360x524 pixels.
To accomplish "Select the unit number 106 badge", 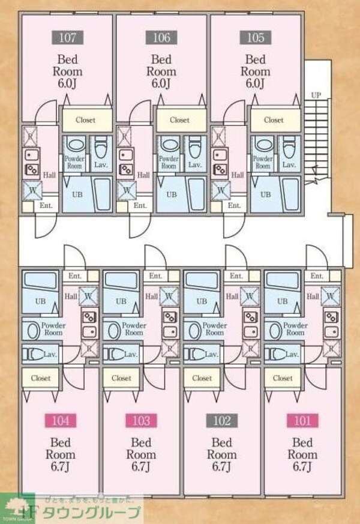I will [x=161, y=38].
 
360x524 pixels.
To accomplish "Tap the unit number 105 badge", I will [x=255, y=38].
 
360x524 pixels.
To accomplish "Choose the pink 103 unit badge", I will [x=141, y=421].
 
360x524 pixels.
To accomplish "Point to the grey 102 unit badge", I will [x=222, y=421].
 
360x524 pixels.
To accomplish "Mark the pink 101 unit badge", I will [x=303, y=421].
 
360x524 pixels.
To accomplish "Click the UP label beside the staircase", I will [x=316, y=95].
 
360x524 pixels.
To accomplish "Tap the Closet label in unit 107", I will [x=86, y=120].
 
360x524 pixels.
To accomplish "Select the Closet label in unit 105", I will [x=274, y=120].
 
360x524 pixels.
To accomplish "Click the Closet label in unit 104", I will [x=41, y=378].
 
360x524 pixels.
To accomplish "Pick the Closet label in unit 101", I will [x=283, y=378].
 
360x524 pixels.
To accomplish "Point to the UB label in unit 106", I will [x=171, y=194].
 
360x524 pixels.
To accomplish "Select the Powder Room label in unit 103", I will [x=134, y=329].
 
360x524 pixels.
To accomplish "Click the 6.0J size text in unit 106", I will [x=161, y=82].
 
